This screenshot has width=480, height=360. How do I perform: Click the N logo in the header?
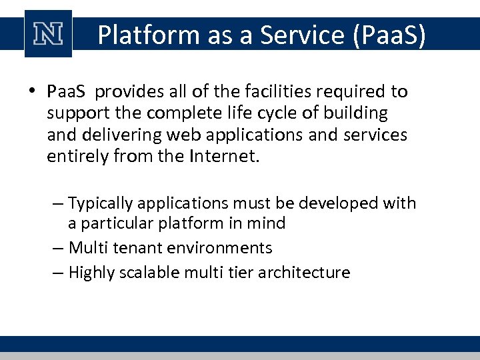47,34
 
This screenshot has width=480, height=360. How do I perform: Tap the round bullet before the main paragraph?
33,91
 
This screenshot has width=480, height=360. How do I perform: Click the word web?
182,134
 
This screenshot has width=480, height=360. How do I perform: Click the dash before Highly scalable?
58,273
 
